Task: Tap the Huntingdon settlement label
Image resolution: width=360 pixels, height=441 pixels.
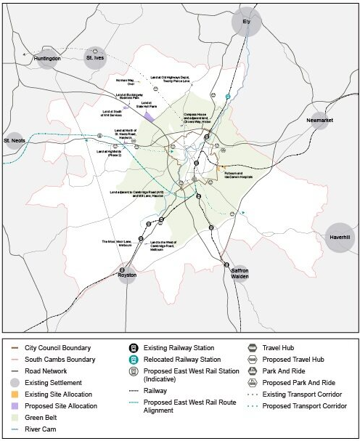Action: point(46,58)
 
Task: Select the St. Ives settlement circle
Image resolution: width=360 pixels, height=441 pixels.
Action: point(95,57)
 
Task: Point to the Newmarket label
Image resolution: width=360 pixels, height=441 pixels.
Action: point(319,120)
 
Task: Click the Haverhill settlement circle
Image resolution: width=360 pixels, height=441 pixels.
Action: point(339,238)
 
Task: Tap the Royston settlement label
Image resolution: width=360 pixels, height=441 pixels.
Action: point(126,275)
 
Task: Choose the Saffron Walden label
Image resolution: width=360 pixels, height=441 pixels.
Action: point(240,274)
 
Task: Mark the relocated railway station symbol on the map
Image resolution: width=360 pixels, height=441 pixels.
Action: point(228,96)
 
